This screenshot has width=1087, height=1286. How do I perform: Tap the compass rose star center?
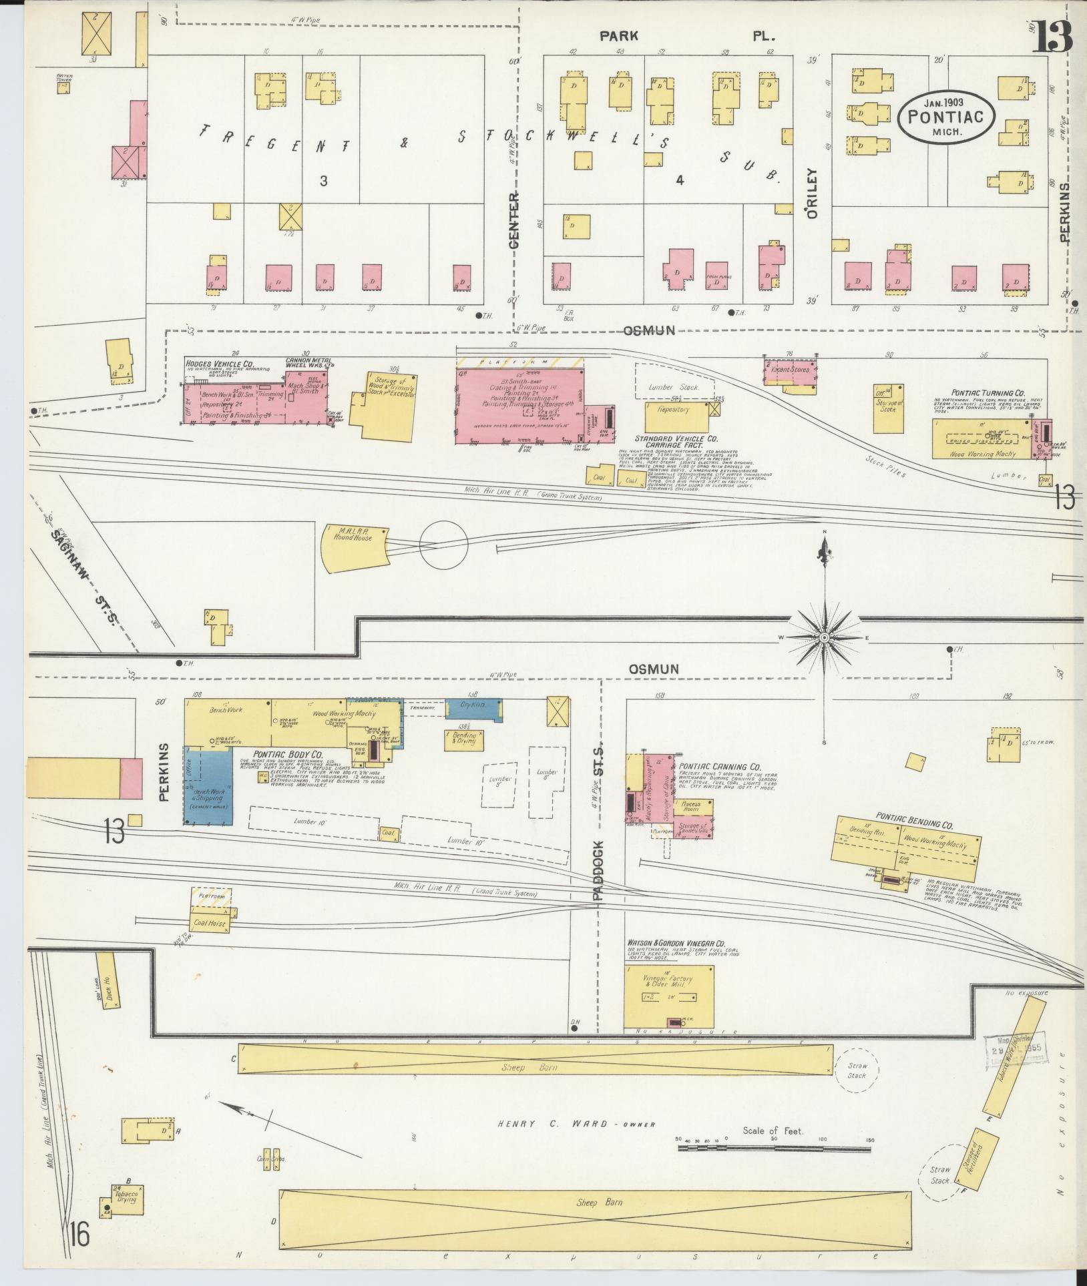[825, 638]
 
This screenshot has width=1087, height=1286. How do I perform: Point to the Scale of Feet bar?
[775, 1149]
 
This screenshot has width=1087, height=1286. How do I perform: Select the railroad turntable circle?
[443, 545]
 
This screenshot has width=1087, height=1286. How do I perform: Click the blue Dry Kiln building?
[474, 709]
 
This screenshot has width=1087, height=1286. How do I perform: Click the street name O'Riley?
[812, 193]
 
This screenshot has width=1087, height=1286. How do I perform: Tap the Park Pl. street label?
[688, 37]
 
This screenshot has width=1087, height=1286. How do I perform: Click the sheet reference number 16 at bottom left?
[78, 1236]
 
